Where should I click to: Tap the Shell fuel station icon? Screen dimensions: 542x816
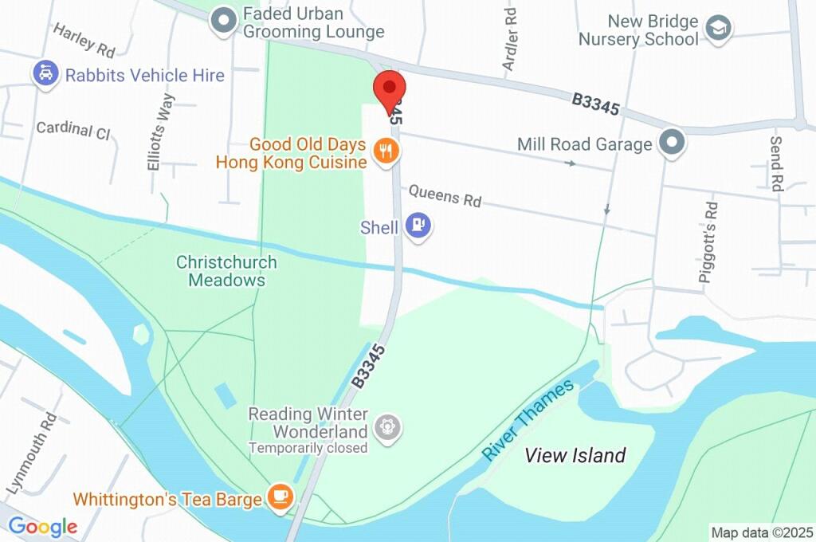coord(418,226)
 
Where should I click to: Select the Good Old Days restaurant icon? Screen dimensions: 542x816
coord(386,151)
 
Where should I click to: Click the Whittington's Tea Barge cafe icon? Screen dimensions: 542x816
coord(280,497)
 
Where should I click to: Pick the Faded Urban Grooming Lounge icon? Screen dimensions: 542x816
coord(224,22)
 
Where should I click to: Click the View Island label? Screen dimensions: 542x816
coord(575,456)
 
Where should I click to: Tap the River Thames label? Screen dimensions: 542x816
coord(528,419)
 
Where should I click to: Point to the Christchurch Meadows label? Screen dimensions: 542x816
coord(226,271)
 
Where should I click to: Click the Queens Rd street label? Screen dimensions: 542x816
coord(445,195)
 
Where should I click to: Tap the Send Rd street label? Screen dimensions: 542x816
coord(777,163)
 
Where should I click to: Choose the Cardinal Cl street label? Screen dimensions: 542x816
coord(73,131)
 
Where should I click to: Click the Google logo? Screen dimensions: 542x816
coord(43,526)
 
